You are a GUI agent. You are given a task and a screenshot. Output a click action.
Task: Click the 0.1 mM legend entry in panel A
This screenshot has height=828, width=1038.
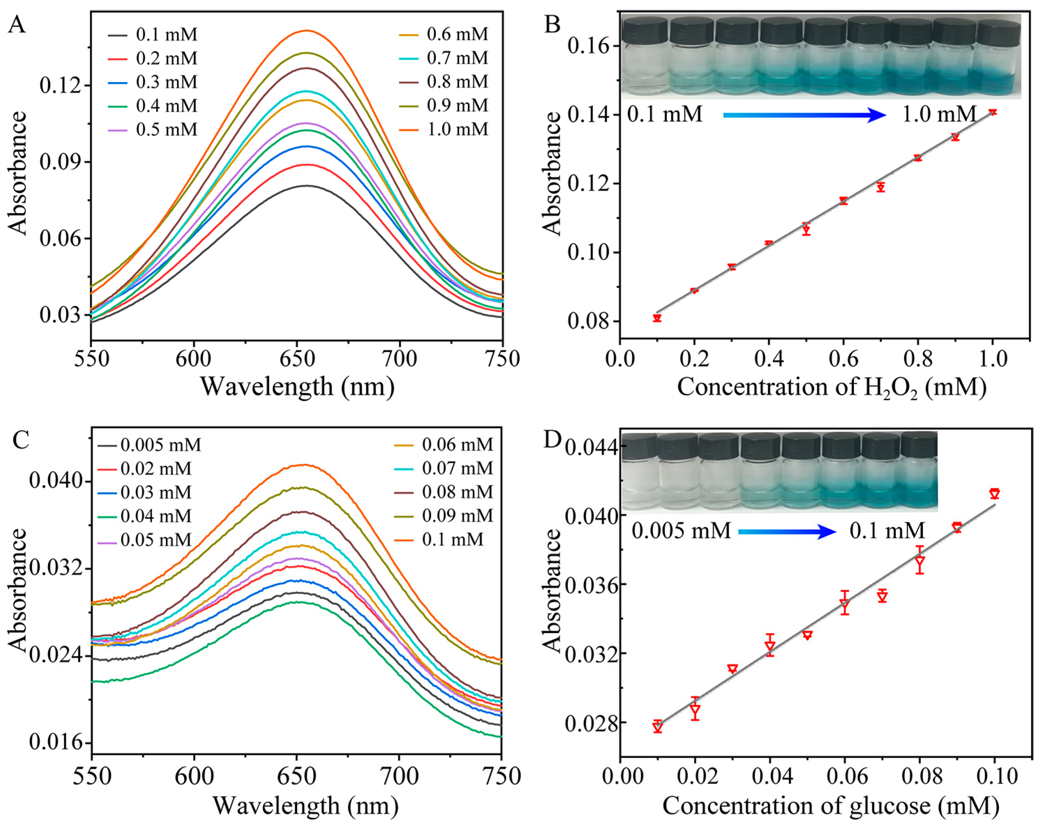point(152,35)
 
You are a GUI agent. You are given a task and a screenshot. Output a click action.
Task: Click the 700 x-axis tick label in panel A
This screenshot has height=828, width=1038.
point(399,359)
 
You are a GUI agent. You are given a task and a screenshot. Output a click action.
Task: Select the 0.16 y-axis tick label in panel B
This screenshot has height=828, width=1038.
point(588,46)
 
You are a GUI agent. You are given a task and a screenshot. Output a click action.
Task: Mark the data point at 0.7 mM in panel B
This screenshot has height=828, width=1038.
point(881,187)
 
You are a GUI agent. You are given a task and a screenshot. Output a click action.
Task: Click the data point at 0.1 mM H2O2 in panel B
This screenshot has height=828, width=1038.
point(657,318)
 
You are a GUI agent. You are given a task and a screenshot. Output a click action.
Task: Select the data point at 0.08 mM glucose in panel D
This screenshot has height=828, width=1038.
point(920,561)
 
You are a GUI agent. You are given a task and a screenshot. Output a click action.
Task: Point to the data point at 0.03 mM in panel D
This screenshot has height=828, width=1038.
point(732,669)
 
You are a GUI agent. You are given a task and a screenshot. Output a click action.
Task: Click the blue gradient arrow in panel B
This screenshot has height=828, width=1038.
point(805,115)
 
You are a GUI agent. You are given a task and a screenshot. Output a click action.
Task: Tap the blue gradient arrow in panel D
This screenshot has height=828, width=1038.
point(787,532)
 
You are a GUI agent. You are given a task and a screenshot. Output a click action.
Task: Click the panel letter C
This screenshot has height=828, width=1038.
point(21,440)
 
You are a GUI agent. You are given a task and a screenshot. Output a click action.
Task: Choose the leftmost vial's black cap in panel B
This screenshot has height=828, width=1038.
point(645,30)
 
